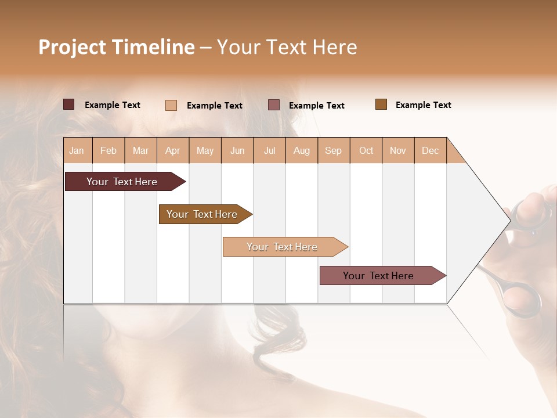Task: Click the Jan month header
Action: [77, 150]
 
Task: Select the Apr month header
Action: [173, 150]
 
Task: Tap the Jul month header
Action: [269, 150]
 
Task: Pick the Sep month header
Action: [333, 150]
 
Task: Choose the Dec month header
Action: [430, 150]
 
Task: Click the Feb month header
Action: [108, 150]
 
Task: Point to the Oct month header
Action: [366, 150]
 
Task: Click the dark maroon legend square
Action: [69, 105]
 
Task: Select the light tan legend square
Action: [171, 105]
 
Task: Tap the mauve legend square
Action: [274, 105]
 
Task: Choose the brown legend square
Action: [381, 105]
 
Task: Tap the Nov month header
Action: [398, 150]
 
